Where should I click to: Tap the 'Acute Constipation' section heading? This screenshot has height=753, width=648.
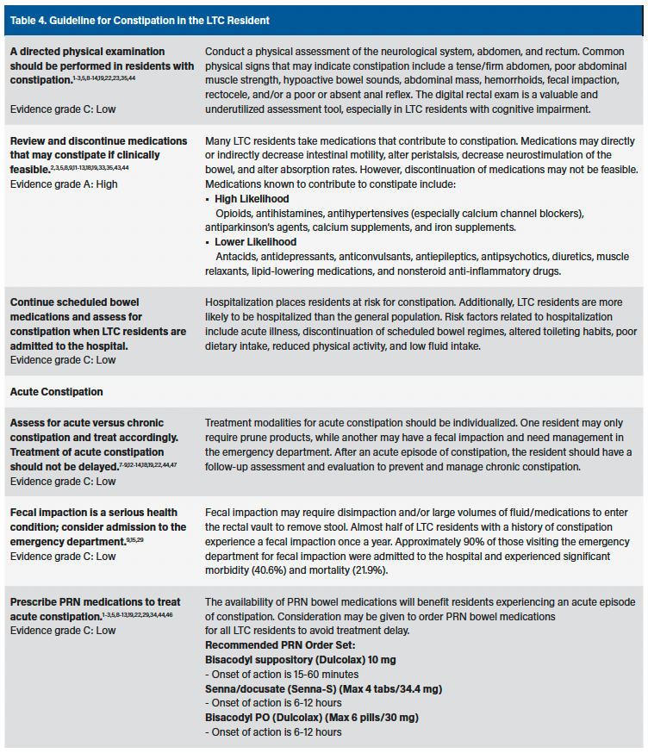[56, 391]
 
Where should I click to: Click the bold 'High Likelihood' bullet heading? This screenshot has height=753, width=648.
[252, 199]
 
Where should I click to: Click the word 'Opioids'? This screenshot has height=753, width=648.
[233, 213]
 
